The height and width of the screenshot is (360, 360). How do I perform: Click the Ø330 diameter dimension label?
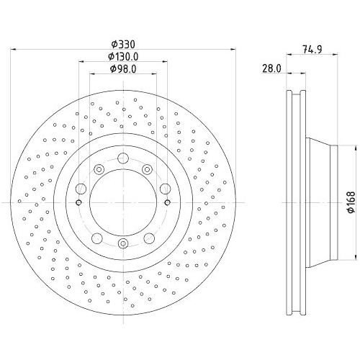point(123,44)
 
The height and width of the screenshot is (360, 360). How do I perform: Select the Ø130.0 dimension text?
point(123,57)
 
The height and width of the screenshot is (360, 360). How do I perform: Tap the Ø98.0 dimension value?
point(123,69)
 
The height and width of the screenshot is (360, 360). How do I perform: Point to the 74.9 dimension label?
point(312,50)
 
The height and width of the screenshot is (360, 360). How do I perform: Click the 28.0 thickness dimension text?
point(271,68)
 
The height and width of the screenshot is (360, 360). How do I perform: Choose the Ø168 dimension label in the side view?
point(351,202)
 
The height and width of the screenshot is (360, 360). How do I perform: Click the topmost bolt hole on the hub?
point(123,158)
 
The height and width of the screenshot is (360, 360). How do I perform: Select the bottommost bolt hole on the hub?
point(123,243)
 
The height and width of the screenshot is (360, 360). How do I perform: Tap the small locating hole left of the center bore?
point(78,203)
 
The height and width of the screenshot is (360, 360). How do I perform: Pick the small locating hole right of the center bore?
point(168,203)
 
